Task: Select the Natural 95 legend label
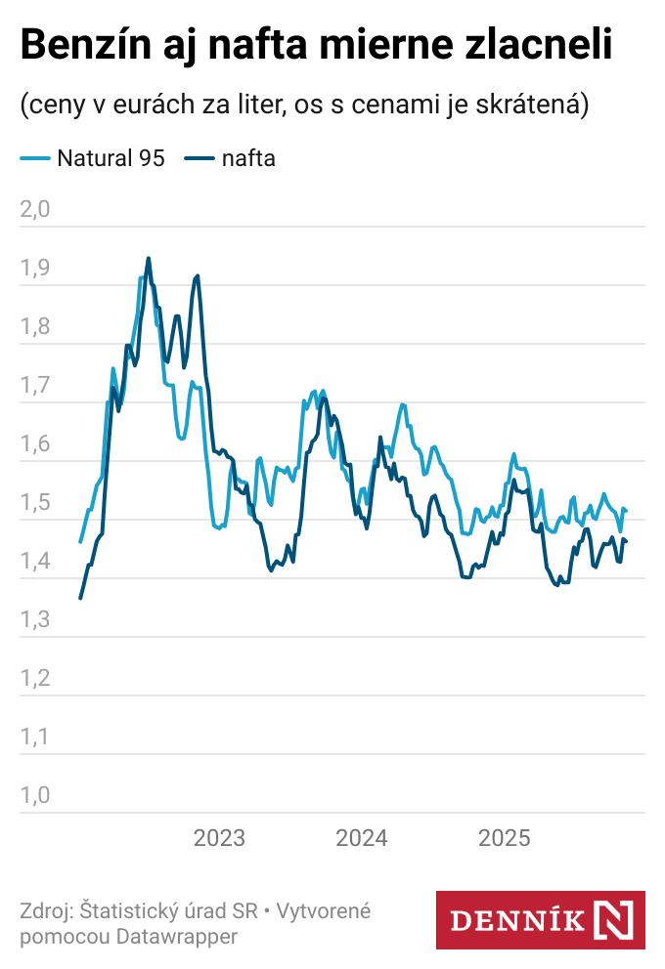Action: [111, 158]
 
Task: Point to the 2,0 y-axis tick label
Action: [34, 210]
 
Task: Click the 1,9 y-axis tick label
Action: [34, 269]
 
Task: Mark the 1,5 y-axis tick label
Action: [34, 503]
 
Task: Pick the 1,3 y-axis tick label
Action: [34, 620]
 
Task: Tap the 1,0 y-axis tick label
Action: [34, 796]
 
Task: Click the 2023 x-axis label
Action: [219, 838]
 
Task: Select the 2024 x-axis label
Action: [361, 838]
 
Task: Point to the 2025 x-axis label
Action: [503, 838]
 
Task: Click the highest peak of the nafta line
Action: [148, 259]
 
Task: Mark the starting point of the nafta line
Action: [80, 598]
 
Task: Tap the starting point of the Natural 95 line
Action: [80, 541]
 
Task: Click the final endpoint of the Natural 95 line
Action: [626, 511]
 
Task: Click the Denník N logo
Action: [540, 919]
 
